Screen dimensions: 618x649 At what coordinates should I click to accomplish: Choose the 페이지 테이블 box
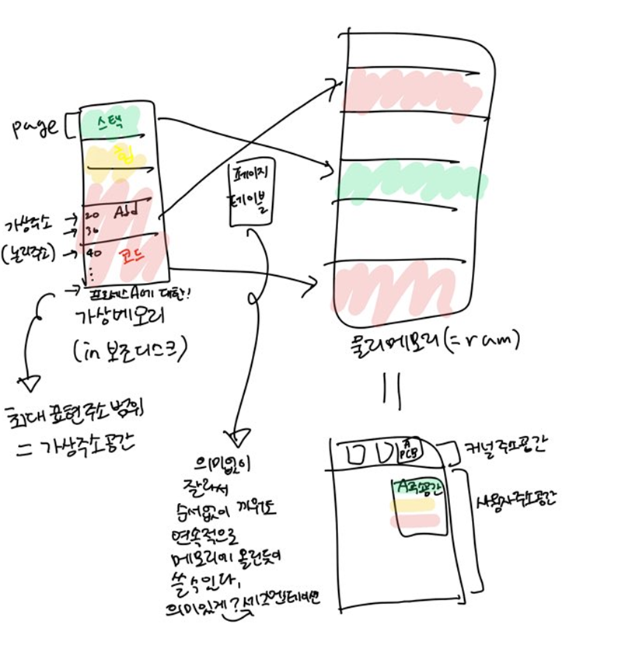pos(250,194)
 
